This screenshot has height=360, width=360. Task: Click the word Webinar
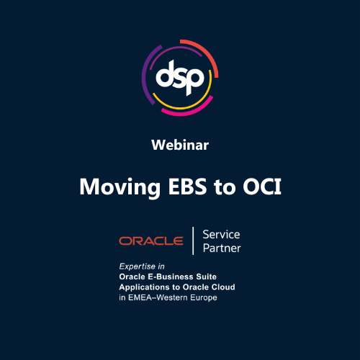pos(180,145)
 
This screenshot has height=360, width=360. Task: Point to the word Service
pos(221,235)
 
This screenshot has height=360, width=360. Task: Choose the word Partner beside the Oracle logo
pos(222,248)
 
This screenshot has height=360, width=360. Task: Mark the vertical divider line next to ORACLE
pos(194,241)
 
